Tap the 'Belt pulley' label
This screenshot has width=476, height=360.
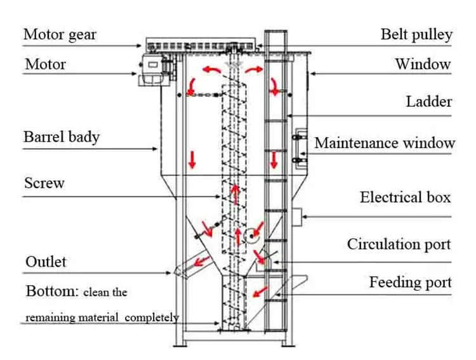[416, 34]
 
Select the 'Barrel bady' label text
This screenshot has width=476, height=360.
[62, 137]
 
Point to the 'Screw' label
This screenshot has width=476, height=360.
[44, 183]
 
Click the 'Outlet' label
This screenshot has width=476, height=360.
[46, 262]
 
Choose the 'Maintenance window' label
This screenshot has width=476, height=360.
[385, 143]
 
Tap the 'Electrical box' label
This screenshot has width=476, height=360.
[405, 197]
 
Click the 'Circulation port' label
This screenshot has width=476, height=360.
[399, 244]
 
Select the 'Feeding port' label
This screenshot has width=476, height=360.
[410, 282]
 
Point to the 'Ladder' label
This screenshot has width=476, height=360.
[429, 102]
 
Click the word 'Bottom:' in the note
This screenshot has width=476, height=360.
[51, 292]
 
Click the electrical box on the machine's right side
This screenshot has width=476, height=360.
[296, 216]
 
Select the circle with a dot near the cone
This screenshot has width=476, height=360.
[251, 236]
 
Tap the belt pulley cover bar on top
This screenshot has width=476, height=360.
[202, 45]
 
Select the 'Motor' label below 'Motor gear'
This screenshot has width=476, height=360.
[45, 65]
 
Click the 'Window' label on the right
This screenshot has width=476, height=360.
[423, 64]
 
